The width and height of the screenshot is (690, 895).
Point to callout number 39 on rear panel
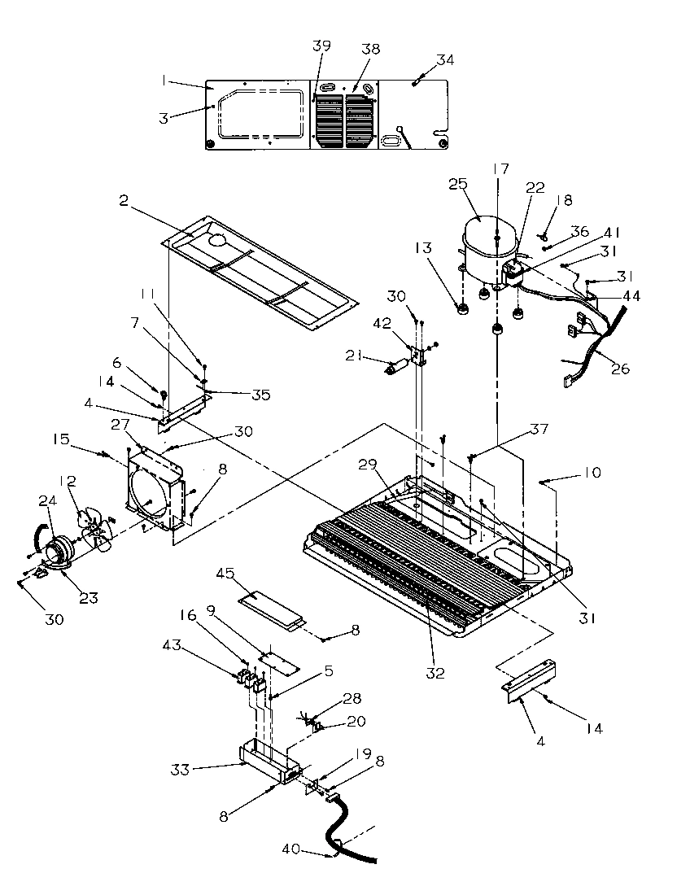click(x=322, y=46)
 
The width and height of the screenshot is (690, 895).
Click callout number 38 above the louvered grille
click(x=370, y=49)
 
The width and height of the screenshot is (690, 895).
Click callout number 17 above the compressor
click(x=501, y=169)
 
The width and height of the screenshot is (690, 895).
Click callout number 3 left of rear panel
click(x=164, y=118)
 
